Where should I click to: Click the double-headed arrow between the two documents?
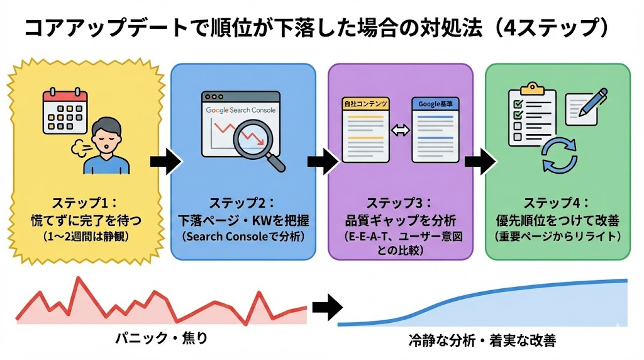[x=401, y=130]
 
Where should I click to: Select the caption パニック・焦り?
[x=161, y=339]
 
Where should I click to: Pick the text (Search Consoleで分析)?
[x=243, y=237]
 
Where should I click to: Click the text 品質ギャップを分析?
[x=400, y=220]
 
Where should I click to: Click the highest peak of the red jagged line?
[x=78, y=278]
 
